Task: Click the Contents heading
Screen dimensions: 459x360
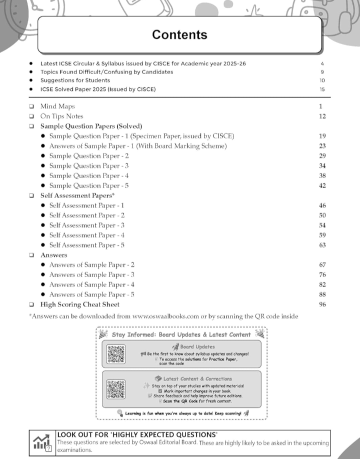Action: coord(179,34)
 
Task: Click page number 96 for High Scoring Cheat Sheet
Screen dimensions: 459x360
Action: coord(322,304)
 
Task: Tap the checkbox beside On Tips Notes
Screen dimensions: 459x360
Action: coord(31,116)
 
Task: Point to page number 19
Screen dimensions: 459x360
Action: coord(322,136)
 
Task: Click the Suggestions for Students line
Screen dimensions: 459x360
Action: coord(75,80)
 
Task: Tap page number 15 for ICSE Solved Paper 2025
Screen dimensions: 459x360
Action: coord(322,89)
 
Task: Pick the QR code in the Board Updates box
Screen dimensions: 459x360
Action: coord(116,354)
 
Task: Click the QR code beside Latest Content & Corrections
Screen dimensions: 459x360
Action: coord(116,388)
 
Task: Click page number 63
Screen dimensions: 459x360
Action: coord(322,245)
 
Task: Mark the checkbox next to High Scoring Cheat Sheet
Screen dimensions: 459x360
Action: coord(31,304)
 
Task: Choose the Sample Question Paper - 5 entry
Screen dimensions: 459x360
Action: coord(89,185)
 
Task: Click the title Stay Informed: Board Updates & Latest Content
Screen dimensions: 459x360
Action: coord(181,334)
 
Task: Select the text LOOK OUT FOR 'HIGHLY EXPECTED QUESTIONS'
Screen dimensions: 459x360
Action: coord(137,434)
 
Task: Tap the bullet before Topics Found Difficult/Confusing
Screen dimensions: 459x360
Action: coord(31,72)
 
